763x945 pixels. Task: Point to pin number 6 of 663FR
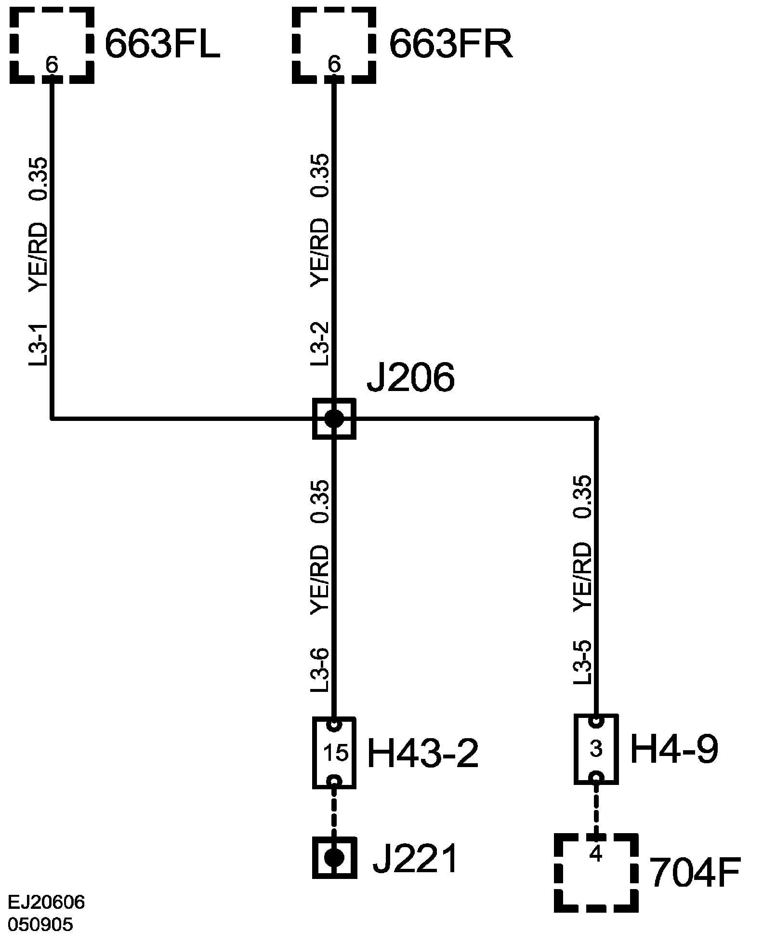click(334, 64)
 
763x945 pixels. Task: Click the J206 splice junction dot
click(334, 418)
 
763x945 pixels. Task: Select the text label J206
click(410, 378)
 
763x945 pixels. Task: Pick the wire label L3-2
click(320, 343)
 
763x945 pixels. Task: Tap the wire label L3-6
click(320, 670)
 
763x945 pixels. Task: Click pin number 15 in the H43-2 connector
click(336, 753)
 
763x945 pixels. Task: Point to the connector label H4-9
click(674, 750)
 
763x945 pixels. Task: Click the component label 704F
click(694, 872)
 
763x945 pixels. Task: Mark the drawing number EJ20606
click(47, 903)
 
